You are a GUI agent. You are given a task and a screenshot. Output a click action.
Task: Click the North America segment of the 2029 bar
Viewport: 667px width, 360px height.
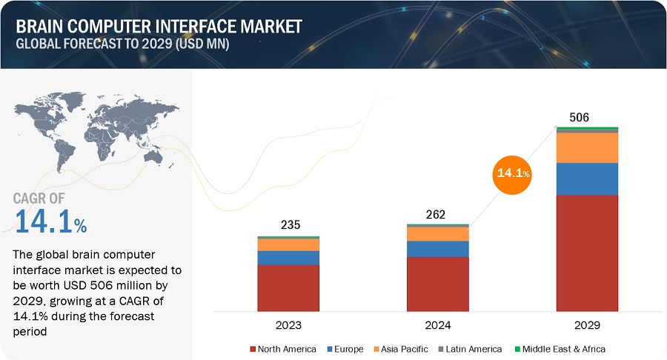coord(588,253)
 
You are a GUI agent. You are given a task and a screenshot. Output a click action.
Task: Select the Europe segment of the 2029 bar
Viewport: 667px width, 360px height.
coord(588,179)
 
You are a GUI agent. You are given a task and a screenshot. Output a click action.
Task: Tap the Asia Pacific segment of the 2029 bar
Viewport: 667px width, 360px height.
coord(588,147)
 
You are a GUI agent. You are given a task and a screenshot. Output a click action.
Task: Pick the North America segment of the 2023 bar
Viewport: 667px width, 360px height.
coord(288,287)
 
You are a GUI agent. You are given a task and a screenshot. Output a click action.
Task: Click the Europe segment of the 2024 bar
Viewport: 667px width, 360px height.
coord(438,249)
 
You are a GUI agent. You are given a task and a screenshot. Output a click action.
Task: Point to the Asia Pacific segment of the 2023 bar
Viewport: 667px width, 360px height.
coord(288,244)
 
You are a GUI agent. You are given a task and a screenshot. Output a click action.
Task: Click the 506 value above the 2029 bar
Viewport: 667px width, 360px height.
coord(578,117)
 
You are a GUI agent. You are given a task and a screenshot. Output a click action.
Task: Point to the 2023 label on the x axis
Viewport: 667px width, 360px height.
coord(288,325)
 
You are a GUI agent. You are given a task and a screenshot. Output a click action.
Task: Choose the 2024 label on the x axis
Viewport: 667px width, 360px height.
coord(437,325)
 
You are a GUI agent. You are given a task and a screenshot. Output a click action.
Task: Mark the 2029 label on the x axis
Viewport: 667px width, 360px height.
coord(588,325)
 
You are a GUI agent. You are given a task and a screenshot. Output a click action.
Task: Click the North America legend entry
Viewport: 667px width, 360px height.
coord(285,349)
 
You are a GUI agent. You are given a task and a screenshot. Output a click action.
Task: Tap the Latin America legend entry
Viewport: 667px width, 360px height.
coord(470,349)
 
